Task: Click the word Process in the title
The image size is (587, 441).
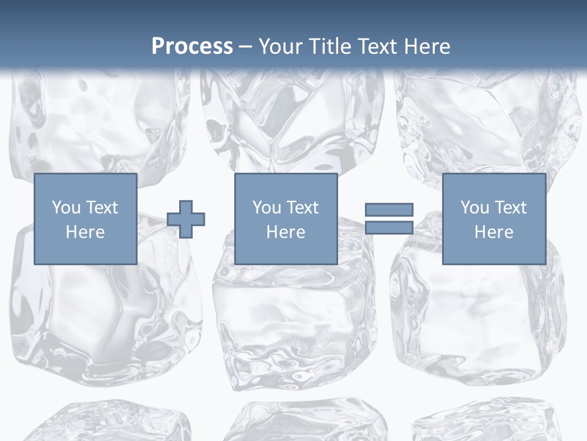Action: point(192,47)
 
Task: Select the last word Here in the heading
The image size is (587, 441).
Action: point(427,47)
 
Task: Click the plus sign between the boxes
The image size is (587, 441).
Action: point(186,219)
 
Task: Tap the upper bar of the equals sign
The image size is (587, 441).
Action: point(389,209)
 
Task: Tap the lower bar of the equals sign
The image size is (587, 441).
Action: point(389,228)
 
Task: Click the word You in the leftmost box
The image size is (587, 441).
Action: point(66,207)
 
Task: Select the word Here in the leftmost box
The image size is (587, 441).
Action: point(85,232)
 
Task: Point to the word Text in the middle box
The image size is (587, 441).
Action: point(303,207)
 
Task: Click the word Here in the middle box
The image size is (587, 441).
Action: point(286,232)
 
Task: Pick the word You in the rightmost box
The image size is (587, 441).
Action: point(474,207)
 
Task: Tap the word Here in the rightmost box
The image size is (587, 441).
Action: point(493,232)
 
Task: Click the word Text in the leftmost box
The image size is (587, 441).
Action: point(102,207)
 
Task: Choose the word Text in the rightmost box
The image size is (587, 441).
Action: point(511,207)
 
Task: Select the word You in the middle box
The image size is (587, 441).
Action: point(267,207)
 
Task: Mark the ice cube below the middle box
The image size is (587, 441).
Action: point(293,325)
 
